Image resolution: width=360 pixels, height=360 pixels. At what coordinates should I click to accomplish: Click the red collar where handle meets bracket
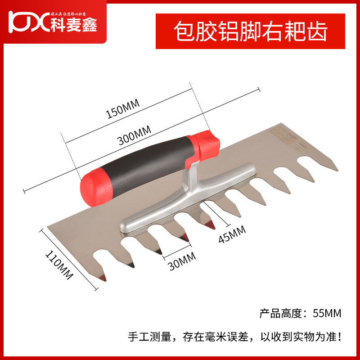click(x=206, y=144)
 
